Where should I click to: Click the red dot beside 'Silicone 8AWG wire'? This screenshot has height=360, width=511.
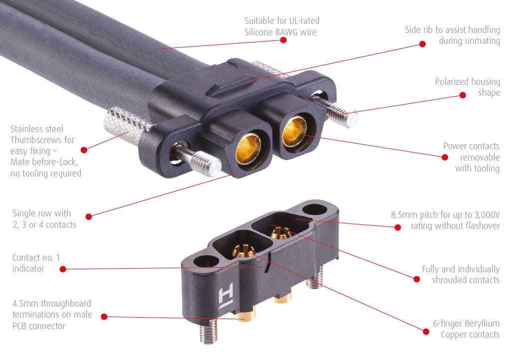pyautogui.click(x=283, y=40)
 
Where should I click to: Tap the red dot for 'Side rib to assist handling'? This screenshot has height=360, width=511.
pyautogui.click(x=422, y=44)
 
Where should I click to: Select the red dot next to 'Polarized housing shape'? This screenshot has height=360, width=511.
pyautogui.click(x=463, y=95)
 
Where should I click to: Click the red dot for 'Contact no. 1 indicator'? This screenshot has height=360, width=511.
pyautogui.click(x=63, y=269)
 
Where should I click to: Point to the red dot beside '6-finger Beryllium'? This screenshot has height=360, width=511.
pyautogui.click(x=426, y=332)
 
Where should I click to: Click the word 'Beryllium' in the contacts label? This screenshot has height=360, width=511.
pyautogui.click(x=482, y=324)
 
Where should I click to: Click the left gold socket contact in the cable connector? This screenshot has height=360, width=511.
pyautogui.click(x=248, y=149)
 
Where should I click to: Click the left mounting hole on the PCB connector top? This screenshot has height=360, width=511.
pyautogui.click(x=206, y=261)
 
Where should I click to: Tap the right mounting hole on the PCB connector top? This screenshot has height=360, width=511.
pyautogui.click(x=315, y=208)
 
